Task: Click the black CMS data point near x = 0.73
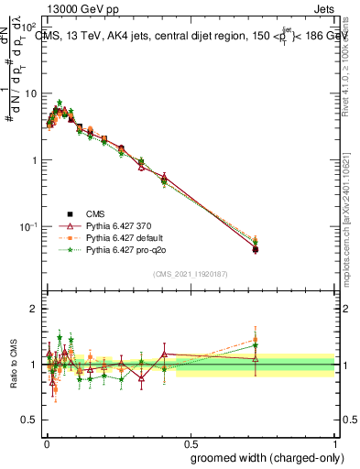(256, 249)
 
